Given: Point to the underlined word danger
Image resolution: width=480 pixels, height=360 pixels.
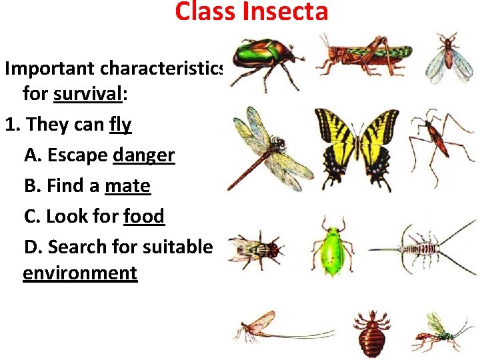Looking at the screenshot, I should pyautogui.click(x=143, y=155).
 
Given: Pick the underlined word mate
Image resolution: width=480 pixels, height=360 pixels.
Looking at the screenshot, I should pyautogui.click(x=127, y=186).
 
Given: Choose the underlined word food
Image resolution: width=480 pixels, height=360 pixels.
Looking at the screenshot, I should pyautogui.click(x=143, y=216).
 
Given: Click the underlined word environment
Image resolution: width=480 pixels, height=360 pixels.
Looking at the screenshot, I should pyautogui.click(x=80, y=273).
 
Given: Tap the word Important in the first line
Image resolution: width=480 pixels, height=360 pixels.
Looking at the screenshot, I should pyautogui.click(x=51, y=69).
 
